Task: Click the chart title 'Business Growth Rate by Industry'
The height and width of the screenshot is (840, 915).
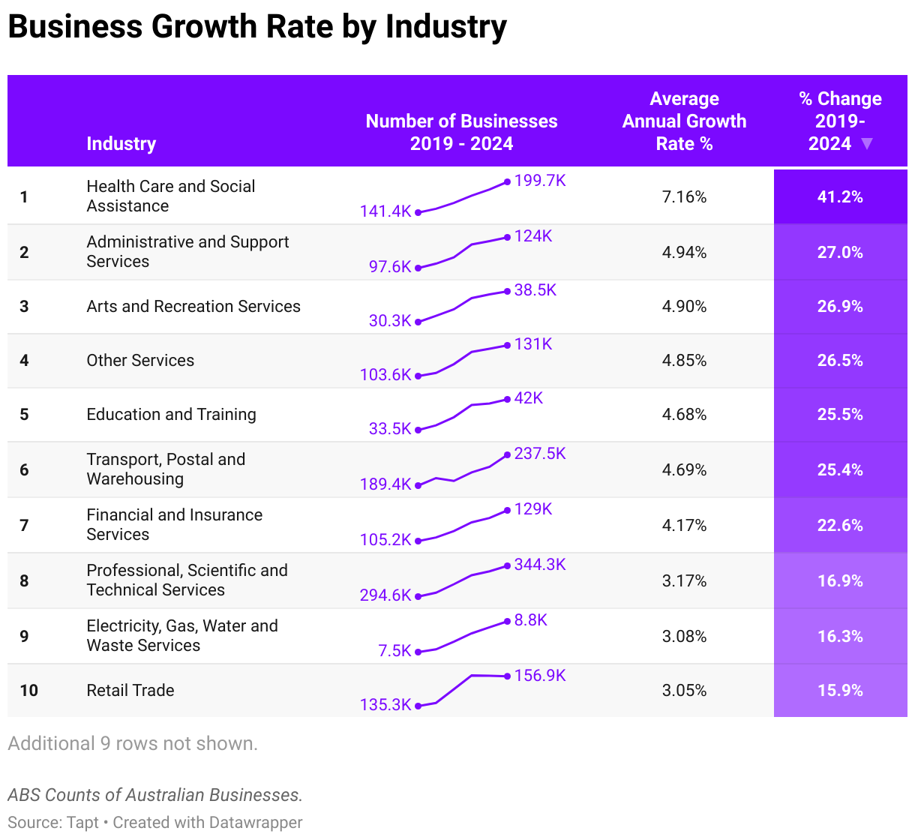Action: tap(257, 27)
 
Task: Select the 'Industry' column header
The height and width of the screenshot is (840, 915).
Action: tap(121, 143)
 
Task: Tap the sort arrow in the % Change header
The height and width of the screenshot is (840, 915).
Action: tap(867, 143)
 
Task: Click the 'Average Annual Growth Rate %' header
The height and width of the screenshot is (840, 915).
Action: tap(684, 121)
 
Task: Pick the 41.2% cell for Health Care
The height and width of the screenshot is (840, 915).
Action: tap(840, 197)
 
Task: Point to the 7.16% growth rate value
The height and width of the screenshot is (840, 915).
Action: tap(684, 197)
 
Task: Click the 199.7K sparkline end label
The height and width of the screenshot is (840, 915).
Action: tap(540, 181)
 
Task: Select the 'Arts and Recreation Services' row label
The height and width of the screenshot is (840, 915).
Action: tap(193, 306)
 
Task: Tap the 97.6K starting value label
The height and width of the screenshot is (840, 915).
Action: tap(390, 266)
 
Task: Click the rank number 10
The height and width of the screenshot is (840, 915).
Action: tap(28, 690)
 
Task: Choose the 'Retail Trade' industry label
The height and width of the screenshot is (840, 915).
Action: tap(130, 690)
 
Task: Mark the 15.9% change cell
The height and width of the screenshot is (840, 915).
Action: tap(840, 690)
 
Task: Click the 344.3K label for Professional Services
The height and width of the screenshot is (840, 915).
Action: tap(540, 565)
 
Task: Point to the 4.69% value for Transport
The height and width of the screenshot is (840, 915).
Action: tap(684, 470)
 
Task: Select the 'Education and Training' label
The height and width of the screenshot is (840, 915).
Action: tap(171, 414)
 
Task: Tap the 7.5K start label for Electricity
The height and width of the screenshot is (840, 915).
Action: tap(394, 650)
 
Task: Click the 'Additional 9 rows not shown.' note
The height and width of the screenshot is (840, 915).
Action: tap(133, 743)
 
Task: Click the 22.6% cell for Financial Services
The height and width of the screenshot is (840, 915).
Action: tap(840, 526)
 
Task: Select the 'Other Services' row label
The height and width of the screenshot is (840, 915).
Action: tap(140, 360)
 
